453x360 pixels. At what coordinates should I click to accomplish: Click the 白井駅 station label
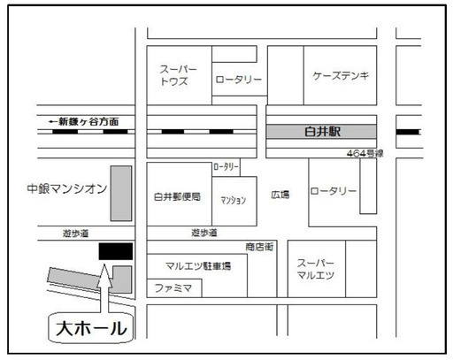click(x=322, y=132)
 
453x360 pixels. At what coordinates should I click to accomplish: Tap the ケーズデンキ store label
click(x=341, y=76)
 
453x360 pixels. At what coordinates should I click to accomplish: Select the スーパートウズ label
click(x=178, y=75)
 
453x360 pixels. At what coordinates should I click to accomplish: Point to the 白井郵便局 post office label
click(x=177, y=196)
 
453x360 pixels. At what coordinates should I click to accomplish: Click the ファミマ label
click(x=173, y=287)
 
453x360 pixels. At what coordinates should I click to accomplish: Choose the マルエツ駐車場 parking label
click(x=198, y=266)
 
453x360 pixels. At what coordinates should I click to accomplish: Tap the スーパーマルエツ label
click(x=316, y=269)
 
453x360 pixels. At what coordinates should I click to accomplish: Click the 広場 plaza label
click(x=280, y=195)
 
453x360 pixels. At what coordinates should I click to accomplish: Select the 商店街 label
click(x=259, y=247)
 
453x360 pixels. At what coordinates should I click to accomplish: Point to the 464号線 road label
click(x=365, y=153)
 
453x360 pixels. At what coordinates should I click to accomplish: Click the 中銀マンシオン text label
click(x=67, y=188)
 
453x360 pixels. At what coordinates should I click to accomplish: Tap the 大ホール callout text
click(x=91, y=328)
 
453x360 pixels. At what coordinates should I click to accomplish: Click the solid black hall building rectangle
click(x=116, y=251)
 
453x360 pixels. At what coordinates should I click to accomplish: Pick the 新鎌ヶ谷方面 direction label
click(x=84, y=121)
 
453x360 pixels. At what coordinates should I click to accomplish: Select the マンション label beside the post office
click(x=234, y=201)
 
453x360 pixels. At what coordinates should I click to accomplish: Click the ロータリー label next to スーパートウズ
click(x=239, y=80)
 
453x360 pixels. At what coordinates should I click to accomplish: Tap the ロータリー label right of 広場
click(x=334, y=191)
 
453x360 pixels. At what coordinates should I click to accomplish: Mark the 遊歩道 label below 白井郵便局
click(x=204, y=233)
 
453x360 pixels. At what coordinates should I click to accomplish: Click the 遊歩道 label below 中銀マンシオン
click(x=75, y=234)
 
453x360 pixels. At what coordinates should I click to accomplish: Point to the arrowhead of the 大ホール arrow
click(x=104, y=264)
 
